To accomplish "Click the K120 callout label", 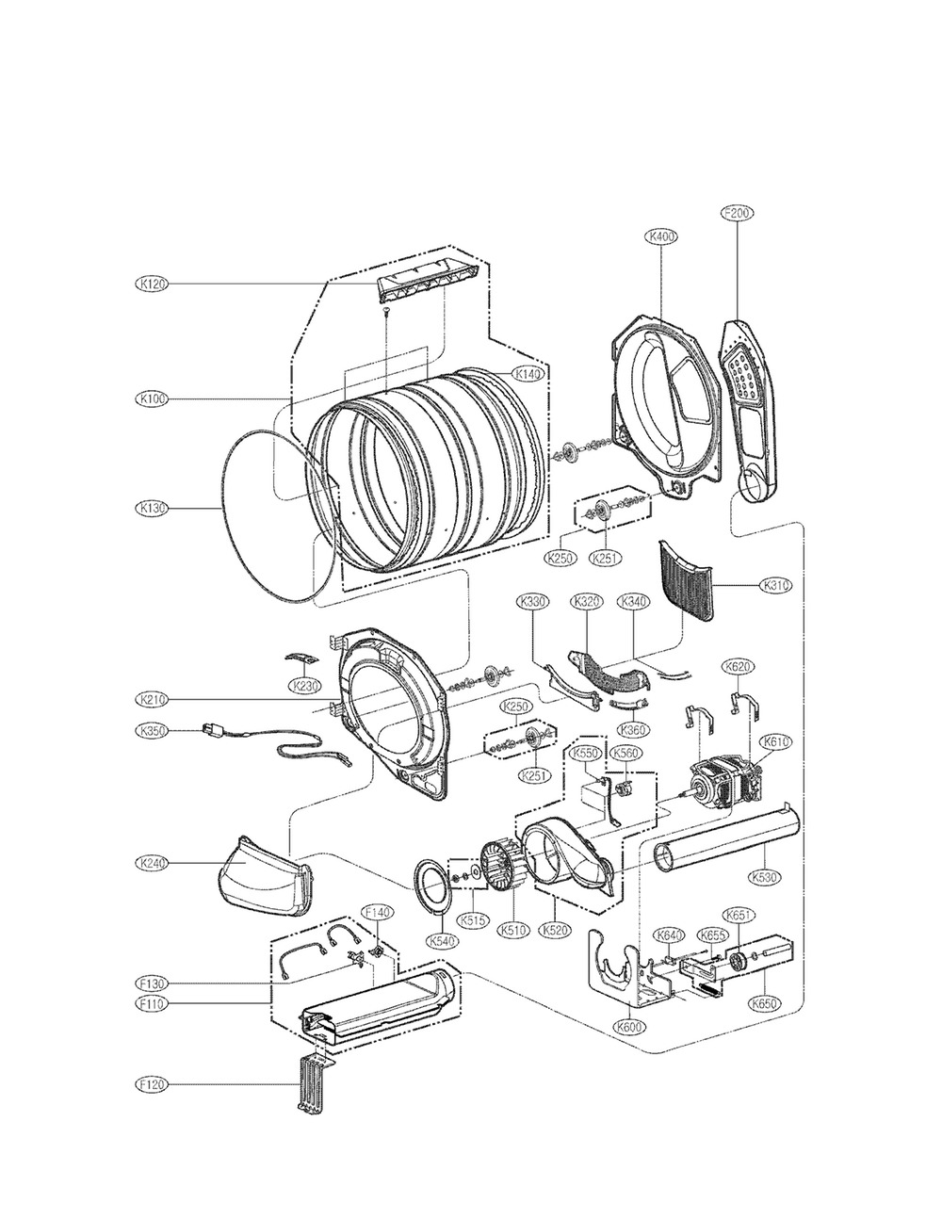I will (152, 284).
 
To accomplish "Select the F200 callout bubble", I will (736, 213).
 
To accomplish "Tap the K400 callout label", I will (662, 237).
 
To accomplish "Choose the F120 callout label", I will (152, 1085).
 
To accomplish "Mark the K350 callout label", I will (152, 730).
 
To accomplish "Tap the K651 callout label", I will (737, 914).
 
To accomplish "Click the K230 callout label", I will (304, 685).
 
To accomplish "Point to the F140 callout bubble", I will (377, 912).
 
